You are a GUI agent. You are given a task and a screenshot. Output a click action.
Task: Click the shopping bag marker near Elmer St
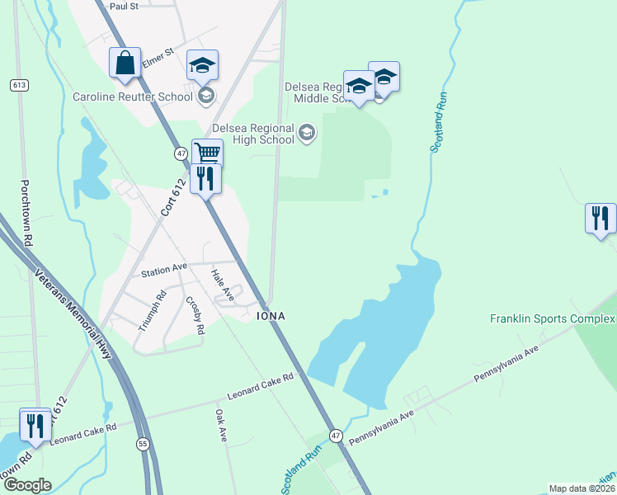pyautogui.click(x=125, y=64)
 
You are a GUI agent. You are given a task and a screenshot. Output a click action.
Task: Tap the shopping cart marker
pyautogui.click(x=207, y=153)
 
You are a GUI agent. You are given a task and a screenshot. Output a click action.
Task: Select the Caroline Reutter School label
pyautogui.click(x=133, y=97)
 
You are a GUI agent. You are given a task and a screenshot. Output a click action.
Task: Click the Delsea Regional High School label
pyautogui.click(x=253, y=134)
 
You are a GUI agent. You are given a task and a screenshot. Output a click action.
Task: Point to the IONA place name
pyautogui.click(x=271, y=316)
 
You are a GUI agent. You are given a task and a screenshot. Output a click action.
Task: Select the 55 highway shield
pyautogui.click(x=143, y=443)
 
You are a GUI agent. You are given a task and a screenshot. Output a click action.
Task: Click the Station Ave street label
pyautogui.click(x=165, y=270)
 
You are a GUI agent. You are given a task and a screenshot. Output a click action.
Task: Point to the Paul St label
pyautogui.click(x=123, y=6)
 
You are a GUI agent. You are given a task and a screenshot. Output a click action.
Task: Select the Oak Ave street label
pyautogui.click(x=220, y=425)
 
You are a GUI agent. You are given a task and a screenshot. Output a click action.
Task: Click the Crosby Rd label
pyautogui.click(x=195, y=315)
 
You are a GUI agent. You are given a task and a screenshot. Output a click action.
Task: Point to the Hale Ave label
pyautogui.click(x=218, y=283)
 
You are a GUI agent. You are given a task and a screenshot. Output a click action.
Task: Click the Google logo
pyautogui.click(x=27, y=485)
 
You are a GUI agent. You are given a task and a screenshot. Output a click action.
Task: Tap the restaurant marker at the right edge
pyautogui.click(x=601, y=219)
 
